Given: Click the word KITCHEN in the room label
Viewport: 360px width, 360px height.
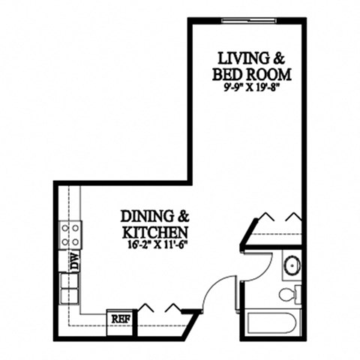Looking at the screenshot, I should (154, 230).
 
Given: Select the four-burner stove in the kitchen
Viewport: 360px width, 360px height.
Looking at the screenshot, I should (70, 235).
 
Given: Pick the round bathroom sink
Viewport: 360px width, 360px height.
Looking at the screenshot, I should (291, 265).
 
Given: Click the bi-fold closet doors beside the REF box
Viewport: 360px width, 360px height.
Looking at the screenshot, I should (160, 308).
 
